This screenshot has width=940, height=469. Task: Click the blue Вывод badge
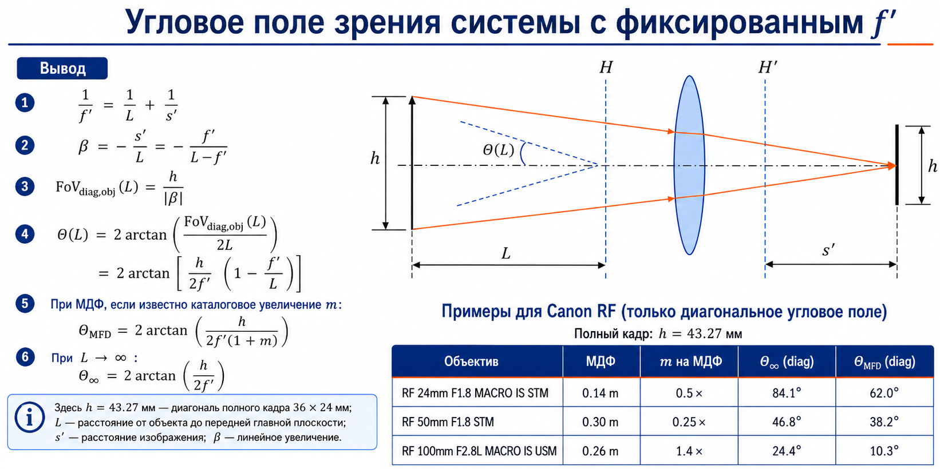[62, 68]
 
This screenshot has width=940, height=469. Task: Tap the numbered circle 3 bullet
[25, 186]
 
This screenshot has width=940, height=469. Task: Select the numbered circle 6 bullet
[25, 357]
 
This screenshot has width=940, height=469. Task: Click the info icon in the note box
[29, 418]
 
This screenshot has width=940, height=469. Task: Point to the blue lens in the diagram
[689, 165]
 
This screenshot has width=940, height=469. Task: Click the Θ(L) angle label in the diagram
[498, 150]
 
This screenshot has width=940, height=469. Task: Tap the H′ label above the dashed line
[768, 67]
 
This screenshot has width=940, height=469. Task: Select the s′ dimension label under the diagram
[828, 250]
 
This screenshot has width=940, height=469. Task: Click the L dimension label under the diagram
[505, 253]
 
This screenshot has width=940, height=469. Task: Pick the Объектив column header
[471, 361]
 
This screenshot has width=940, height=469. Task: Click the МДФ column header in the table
[601, 361]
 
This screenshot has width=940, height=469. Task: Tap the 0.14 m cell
[600, 393]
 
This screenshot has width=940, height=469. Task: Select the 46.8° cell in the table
[787, 422]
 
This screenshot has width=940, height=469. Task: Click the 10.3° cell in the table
[884, 451]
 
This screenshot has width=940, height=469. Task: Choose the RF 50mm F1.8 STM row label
[448, 422]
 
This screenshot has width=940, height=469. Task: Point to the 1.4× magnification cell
[689, 451]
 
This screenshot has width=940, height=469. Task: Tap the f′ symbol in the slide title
[883, 23]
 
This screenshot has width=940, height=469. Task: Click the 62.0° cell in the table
[884, 393]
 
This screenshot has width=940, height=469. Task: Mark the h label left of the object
[375, 158]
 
